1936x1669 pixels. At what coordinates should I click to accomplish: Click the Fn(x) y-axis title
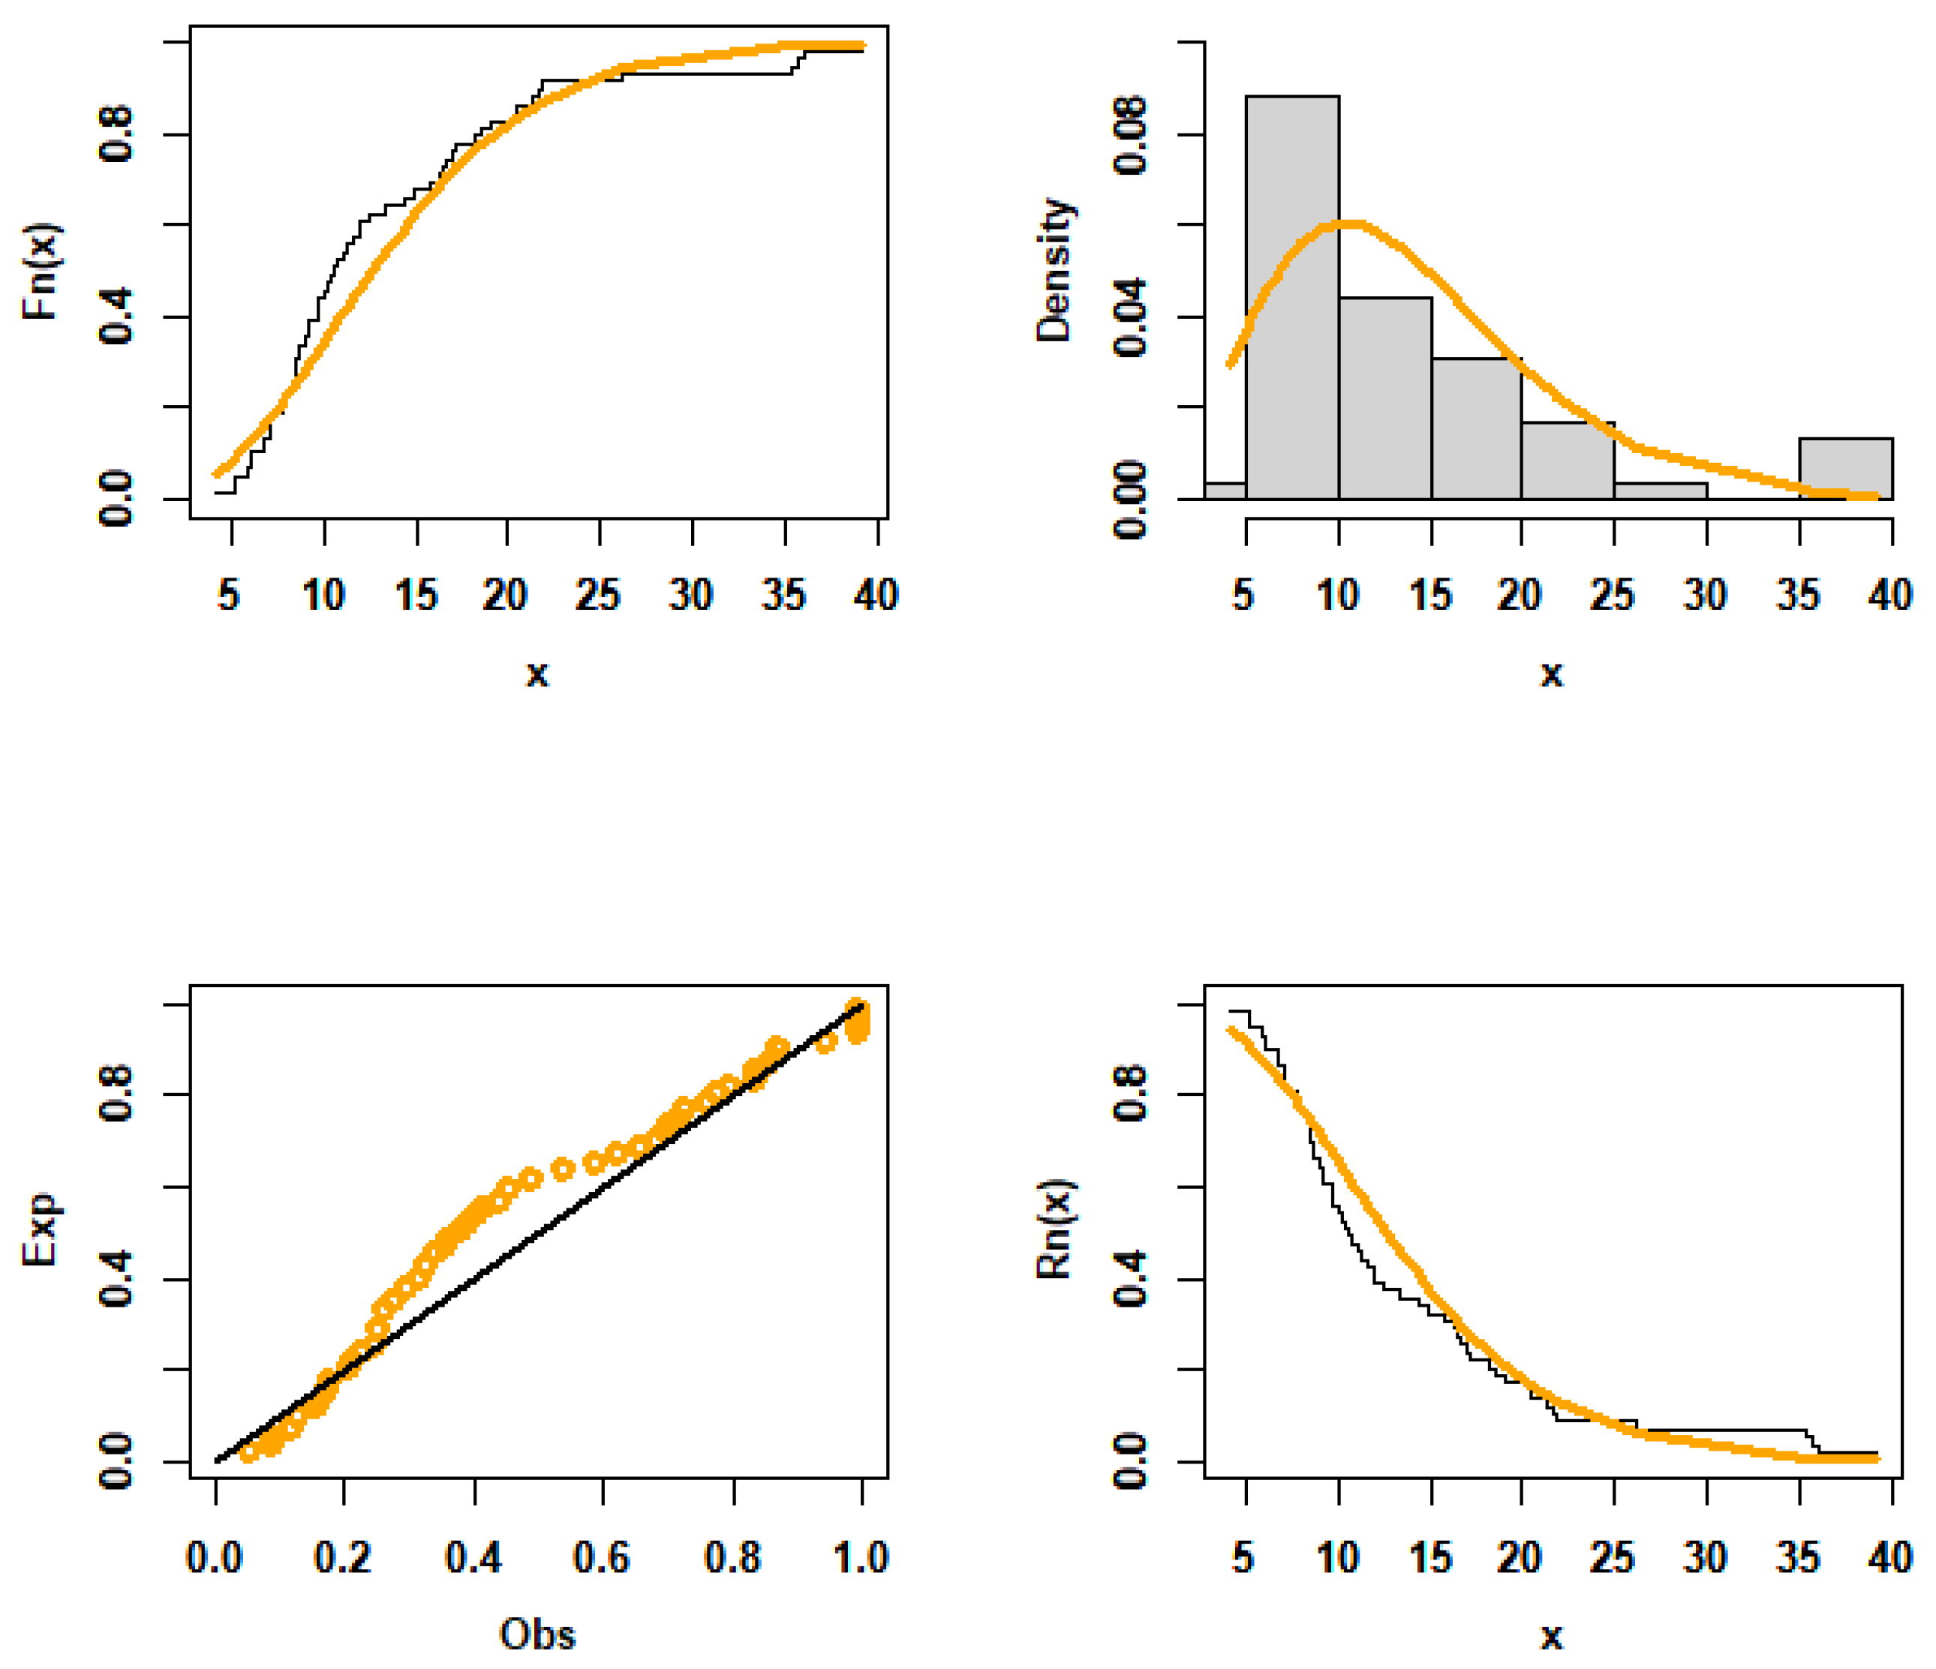pos(41,272)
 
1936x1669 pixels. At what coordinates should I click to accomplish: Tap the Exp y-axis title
pos(41,1230)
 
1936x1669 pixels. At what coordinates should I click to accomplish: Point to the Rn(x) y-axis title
pos(1056,1230)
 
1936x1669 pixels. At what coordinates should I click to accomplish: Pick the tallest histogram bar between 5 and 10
pos(1292,299)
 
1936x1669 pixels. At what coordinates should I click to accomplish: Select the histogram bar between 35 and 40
pos(1845,469)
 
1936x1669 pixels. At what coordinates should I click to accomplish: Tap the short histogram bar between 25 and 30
pos(1661,491)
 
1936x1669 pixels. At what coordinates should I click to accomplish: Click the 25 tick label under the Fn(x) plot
pos(598,595)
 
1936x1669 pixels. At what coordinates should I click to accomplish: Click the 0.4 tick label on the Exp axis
pos(117,1280)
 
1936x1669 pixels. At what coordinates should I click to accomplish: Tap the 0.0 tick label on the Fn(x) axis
pos(117,500)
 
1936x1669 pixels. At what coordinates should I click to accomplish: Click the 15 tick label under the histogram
pos(1429,595)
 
